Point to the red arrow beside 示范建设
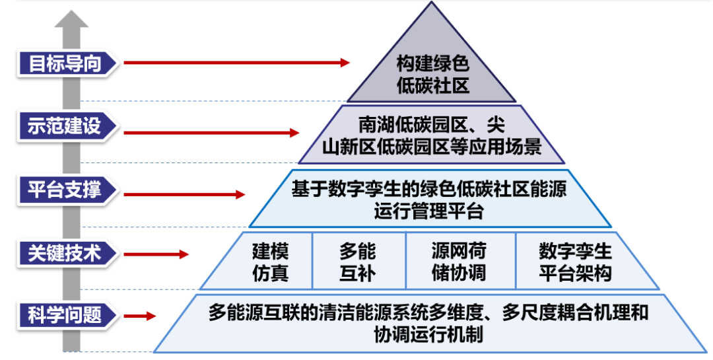[x=211, y=133]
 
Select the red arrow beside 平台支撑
[x=184, y=195]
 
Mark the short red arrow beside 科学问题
[x=140, y=316]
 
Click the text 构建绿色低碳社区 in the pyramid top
[x=432, y=75]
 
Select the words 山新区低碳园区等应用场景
[x=432, y=147]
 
